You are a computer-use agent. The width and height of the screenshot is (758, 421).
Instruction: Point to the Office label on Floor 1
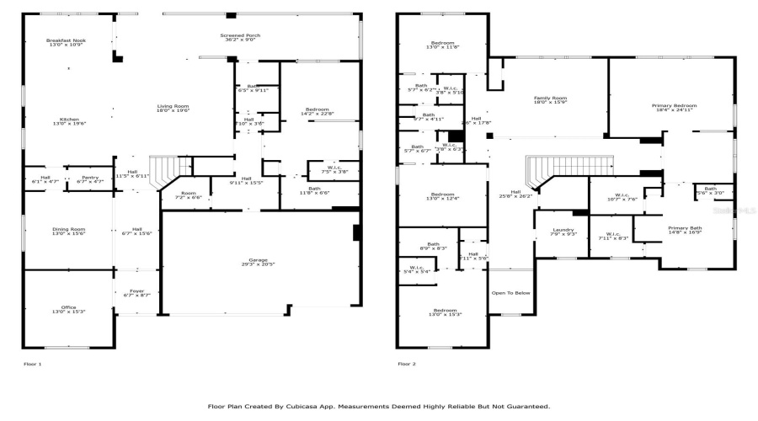tap(67, 309)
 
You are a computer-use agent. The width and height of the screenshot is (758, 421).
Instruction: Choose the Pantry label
tap(89, 179)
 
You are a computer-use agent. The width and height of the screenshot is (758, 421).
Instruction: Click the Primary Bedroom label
tap(674, 106)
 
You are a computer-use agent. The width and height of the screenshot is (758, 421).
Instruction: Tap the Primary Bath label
tap(684, 228)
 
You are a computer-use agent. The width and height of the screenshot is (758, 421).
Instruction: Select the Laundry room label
tap(563, 230)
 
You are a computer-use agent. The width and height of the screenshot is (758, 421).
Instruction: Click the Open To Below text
tap(510, 293)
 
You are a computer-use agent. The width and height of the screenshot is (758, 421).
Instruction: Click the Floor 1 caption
tap(32, 364)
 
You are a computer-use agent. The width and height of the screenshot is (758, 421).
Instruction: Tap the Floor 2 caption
tap(408, 364)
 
